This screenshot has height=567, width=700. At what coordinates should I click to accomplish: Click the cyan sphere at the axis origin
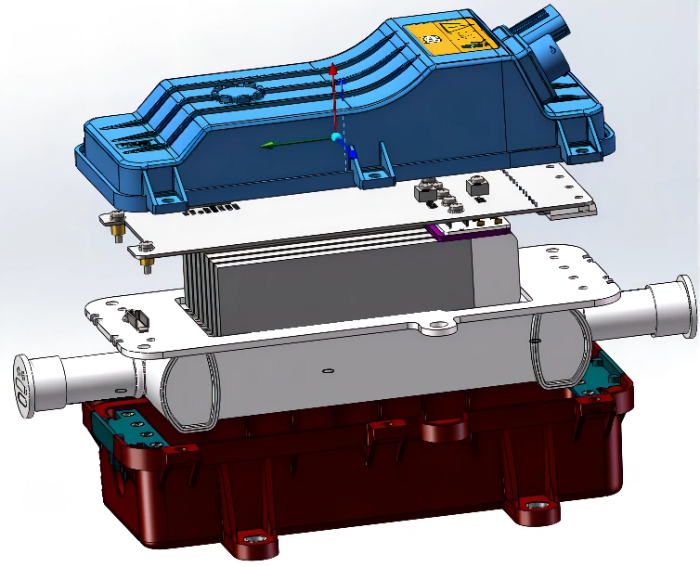coord(336,138)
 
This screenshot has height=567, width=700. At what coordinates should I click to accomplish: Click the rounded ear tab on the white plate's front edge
coord(435,327)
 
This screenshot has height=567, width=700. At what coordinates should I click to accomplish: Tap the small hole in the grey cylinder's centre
coord(328,373)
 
